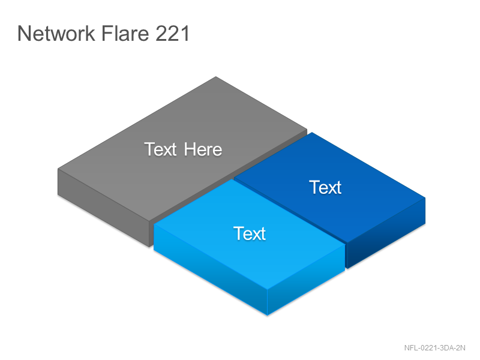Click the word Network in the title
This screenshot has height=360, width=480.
(x=56, y=33)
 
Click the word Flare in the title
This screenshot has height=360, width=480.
(x=125, y=33)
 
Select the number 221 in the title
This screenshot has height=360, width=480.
(x=173, y=33)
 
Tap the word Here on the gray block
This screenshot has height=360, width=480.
(x=203, y=149)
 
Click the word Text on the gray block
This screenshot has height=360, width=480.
(x=160, y=149)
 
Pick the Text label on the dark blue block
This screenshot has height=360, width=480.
(x=325, y=187)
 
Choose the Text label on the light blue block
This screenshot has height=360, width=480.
(x=250, y=233)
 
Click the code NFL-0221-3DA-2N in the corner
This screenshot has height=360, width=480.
(x=434, y=348)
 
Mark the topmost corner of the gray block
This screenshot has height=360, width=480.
(x=216, y=77)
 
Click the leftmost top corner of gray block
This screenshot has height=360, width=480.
(x=58, y=169)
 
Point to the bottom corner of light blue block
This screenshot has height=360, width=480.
(x=267, y=315)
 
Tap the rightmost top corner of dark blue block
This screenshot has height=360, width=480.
(x=425, y=198)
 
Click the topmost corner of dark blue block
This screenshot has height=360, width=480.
(x=311, y=133)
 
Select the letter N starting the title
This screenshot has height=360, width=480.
(x=24, y=33)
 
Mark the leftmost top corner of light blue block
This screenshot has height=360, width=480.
(x=154, y=224)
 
